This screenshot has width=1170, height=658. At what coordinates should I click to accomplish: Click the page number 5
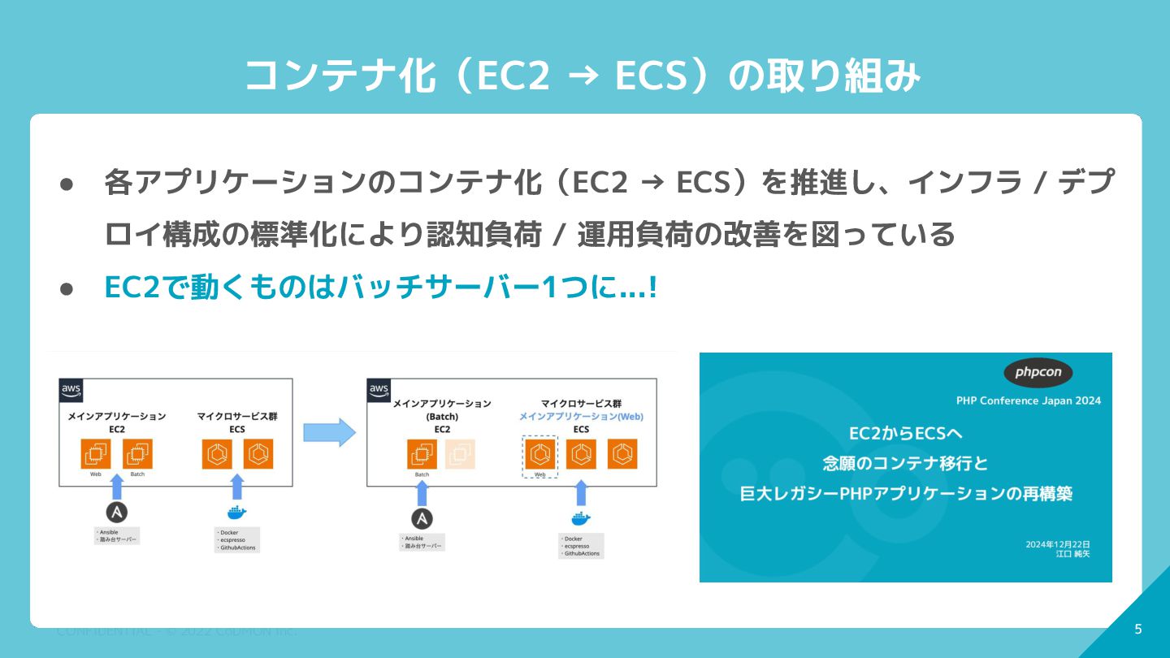click(1137, 629)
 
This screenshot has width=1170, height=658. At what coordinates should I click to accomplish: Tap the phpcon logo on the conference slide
click(1038, 373)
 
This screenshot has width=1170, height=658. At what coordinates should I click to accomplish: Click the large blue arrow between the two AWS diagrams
click(329, 432)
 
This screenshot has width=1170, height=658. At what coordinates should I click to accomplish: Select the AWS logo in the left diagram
click(71, 390)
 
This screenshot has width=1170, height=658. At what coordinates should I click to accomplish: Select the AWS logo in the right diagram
click(379, 390)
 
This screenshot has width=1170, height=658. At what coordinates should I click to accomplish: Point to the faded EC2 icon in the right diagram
click(460, 454)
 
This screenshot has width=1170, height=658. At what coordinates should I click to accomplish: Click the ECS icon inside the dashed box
click(539, 454)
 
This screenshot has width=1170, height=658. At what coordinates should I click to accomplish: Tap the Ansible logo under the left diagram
click(117, 513)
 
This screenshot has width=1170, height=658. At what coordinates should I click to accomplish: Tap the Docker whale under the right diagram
click(580, 517)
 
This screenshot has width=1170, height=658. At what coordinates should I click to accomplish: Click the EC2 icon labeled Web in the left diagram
click(95, 453)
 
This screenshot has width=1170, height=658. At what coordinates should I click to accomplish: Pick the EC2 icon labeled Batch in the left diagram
click(137, 453)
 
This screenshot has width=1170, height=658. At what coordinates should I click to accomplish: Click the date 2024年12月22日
click(1057, 544)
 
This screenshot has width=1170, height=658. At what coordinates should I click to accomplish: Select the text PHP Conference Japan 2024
click(1029, 400)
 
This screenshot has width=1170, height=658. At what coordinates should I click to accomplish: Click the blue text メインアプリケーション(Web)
click(581, 416)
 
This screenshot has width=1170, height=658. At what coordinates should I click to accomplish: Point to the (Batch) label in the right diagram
click(442, 417)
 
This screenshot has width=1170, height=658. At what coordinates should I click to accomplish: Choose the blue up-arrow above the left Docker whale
click(236, 487)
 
